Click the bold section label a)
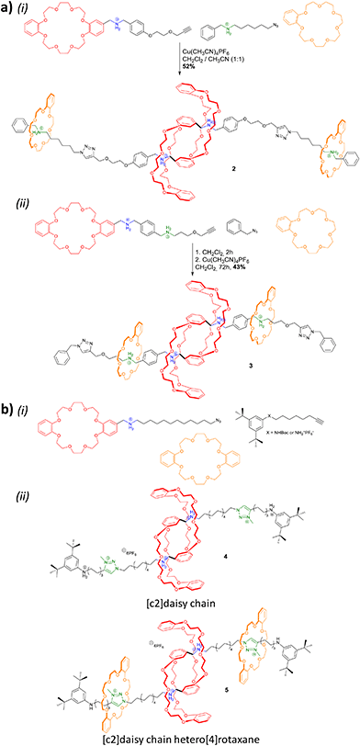tap(7, 9)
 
